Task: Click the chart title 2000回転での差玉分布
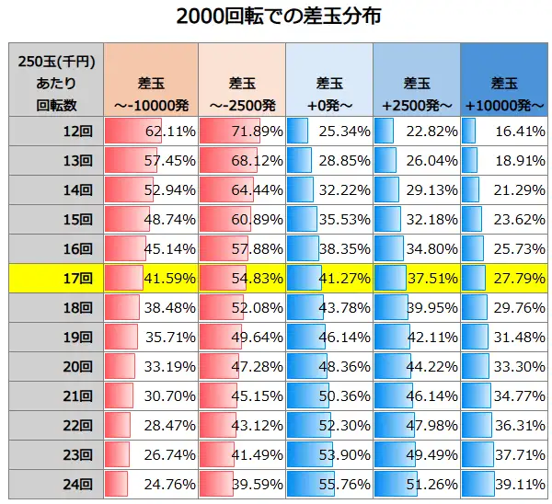(x=277, y=17)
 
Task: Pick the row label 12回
(x=56, y=132)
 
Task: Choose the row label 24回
(x=56, y=482)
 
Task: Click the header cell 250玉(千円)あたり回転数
(x=56, y=81)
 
